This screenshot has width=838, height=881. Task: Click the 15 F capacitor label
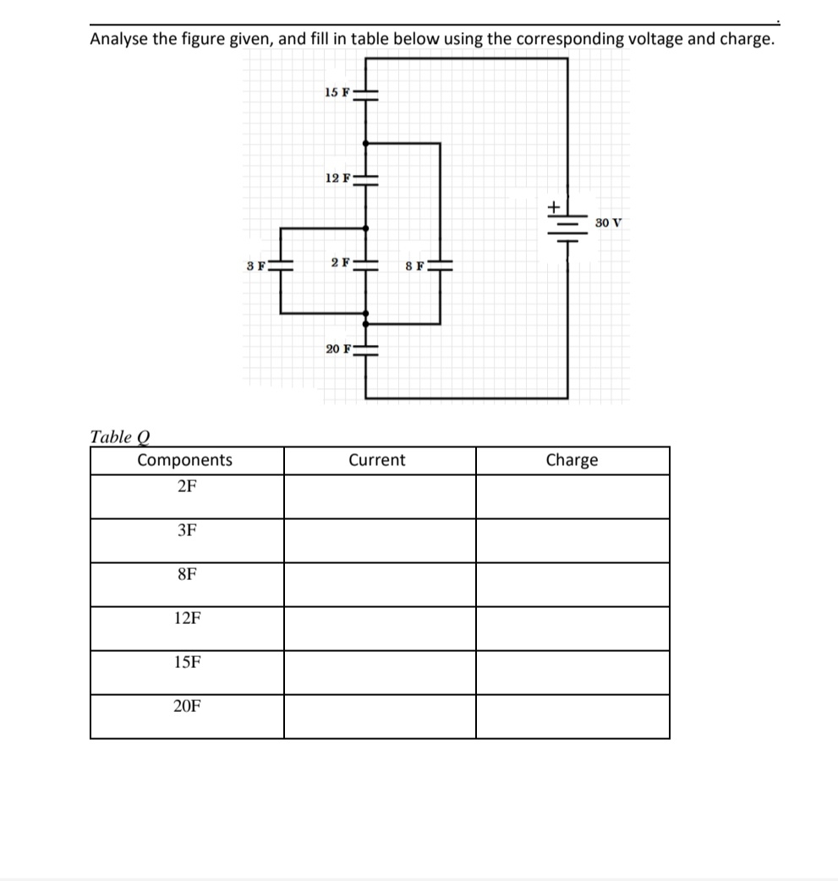point(337,91)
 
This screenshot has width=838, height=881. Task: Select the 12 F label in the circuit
point(337,178)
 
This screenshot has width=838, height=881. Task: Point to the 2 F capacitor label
point(340,262)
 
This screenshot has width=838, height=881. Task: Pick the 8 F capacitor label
point(414,265)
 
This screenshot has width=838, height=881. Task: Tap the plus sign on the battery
point(553,205)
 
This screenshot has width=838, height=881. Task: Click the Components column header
point(185,460)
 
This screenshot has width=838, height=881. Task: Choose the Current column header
point(377,460)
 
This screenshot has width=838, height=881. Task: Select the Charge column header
point(572,460)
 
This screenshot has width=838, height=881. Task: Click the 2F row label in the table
point(187,486)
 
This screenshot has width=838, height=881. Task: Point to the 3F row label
point(187,530)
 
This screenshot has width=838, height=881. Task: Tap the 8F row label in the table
point(187,574)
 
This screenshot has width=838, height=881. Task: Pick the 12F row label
point(187,618)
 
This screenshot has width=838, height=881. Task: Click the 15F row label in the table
point(187,662)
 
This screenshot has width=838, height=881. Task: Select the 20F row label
point(187,706)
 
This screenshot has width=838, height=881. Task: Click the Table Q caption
point(119,437)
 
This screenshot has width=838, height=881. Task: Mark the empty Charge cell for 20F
point(572,716)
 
